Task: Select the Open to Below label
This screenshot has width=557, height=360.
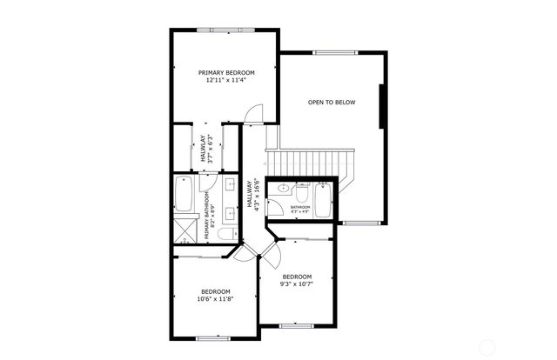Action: (332, 102)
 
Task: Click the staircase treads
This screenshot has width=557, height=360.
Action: (309, 161)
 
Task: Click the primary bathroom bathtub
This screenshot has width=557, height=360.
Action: (184, 195)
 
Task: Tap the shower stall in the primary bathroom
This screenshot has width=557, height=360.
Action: (185, 230)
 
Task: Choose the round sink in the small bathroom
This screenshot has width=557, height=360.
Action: (284, 189)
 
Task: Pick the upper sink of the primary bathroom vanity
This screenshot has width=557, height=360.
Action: (232, 185)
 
